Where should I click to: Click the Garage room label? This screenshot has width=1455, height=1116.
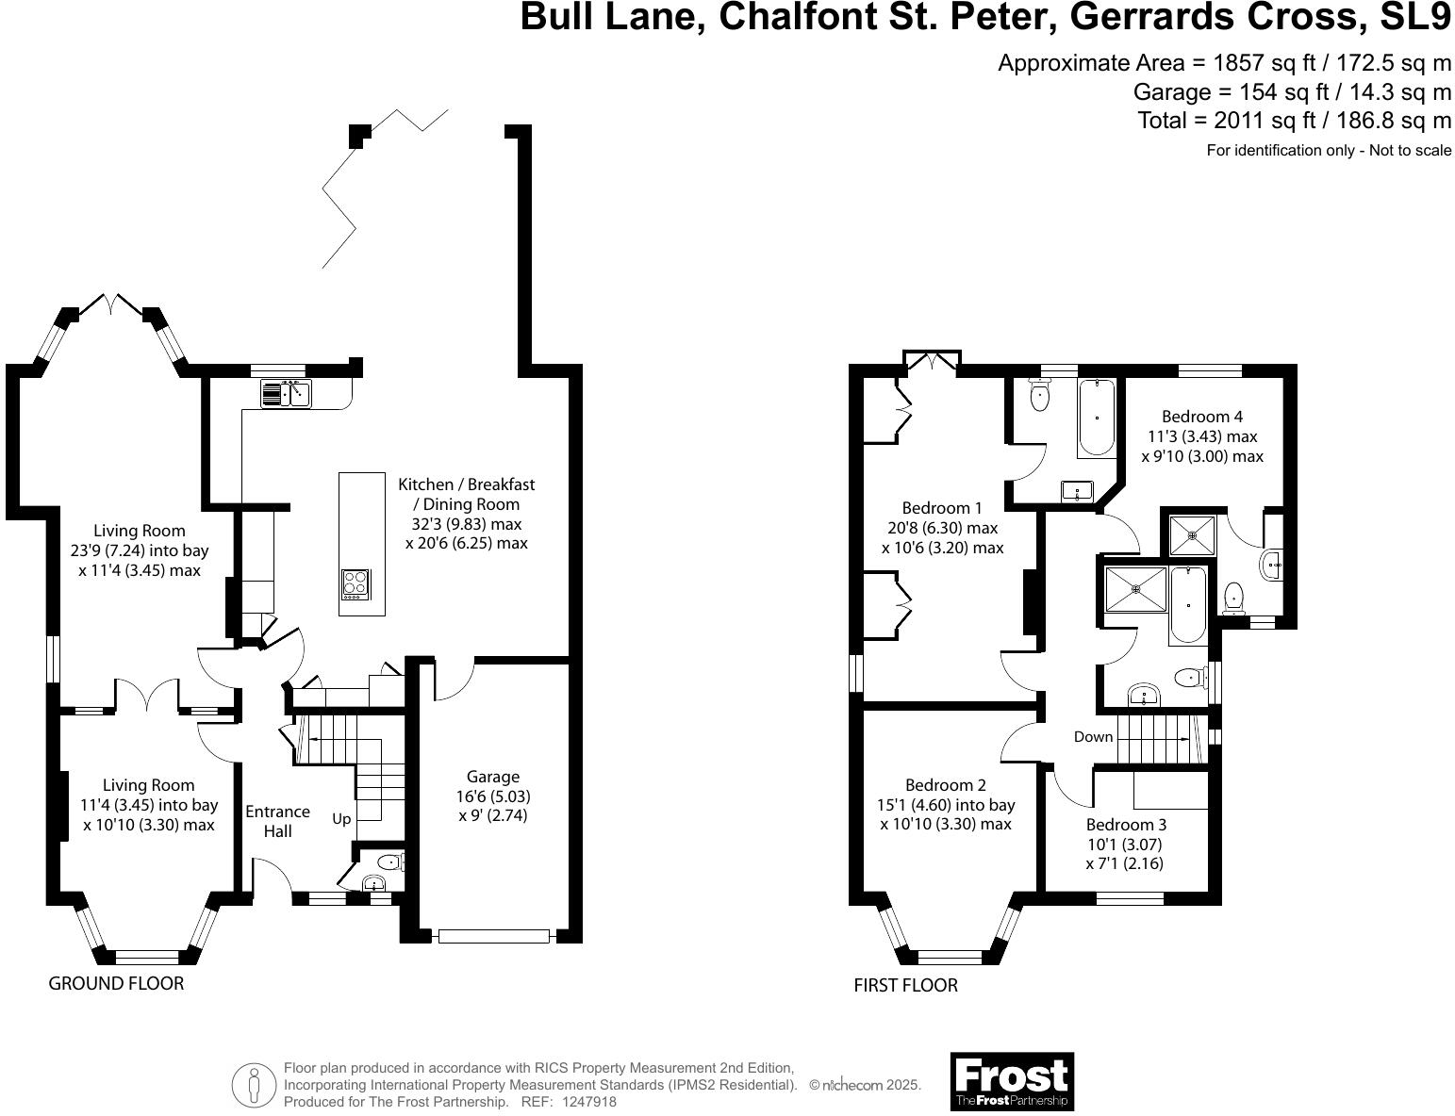click(493, 777)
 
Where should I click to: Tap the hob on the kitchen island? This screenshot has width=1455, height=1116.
click(355, 583)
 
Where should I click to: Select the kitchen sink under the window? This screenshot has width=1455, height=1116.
click(287, 392)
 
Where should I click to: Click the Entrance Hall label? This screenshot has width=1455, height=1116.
click(277, 821)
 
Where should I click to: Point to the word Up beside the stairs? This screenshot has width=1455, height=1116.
click(341, 819)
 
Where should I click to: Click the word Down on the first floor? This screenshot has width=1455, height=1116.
click(1093, 737)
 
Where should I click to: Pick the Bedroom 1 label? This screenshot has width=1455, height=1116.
click(941, 508)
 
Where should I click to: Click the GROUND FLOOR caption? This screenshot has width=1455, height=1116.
click(116, 984)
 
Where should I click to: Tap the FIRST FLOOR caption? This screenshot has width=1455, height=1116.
click(905, 986)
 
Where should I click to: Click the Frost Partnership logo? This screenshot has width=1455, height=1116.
click(1012, 1081)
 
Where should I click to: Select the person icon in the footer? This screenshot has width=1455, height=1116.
click(253, 1086)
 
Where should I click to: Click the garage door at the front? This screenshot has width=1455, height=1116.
click(493, 936)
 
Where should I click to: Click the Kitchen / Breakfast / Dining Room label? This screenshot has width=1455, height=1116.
click(466, 484)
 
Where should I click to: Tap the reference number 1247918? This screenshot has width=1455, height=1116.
click(588, 1102)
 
